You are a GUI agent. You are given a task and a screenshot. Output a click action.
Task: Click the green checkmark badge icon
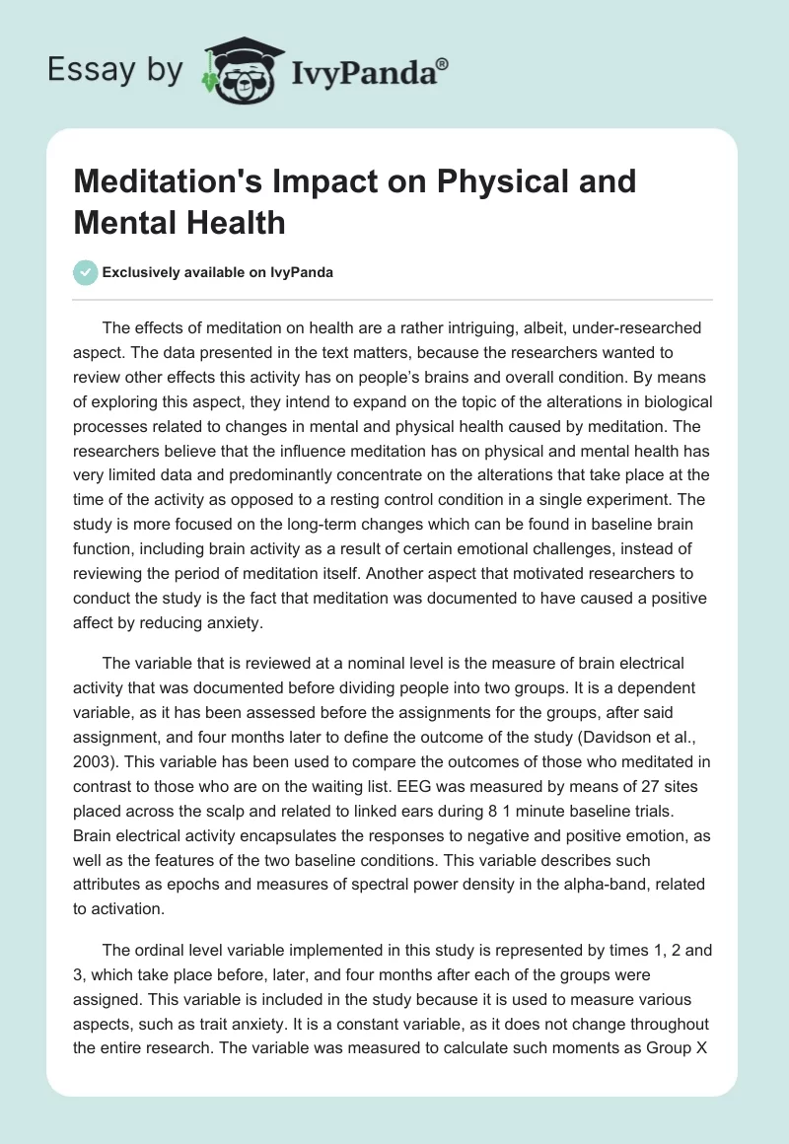(87, 273)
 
